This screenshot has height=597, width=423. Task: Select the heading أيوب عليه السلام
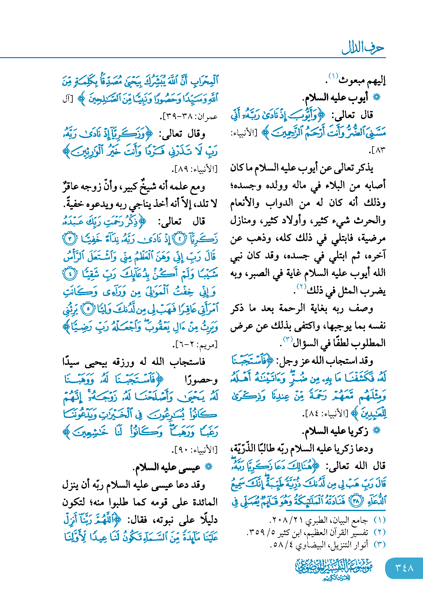pos(335,98)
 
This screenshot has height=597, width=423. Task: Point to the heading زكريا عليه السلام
pos(335,431)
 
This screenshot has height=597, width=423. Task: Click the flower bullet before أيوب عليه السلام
pos(377,97)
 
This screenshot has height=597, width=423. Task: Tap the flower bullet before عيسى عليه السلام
pos(208,467)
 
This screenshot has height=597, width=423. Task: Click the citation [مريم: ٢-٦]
pos(196,344)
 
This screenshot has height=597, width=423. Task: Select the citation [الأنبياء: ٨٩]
pos(195,169)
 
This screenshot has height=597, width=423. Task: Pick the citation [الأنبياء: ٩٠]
pos(195,449)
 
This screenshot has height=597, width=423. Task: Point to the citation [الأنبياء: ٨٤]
pos(326,413)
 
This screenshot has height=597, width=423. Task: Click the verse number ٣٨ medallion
pos(356,501)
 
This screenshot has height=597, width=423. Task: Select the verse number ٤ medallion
pos(70,274)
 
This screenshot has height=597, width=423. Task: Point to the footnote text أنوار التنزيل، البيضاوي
pos(319,545)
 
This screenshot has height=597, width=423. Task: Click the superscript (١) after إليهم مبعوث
pos(333,76)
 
